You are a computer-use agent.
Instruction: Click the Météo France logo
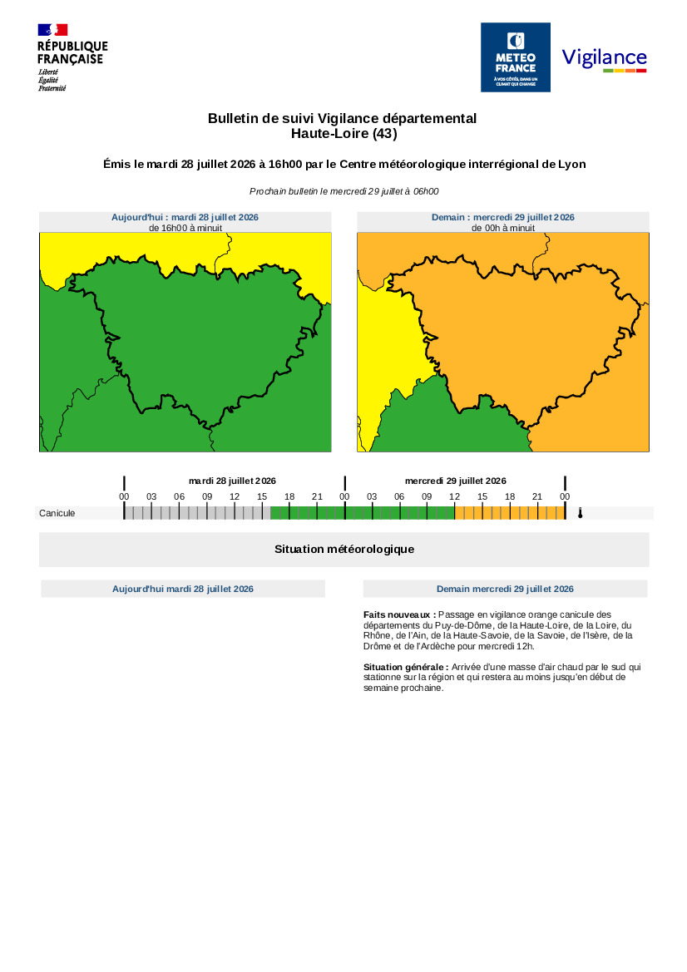(x=516, y=57)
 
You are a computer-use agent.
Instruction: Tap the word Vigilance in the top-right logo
(x=604, y=57)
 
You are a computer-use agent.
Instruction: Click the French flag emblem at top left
(x=52, y=30)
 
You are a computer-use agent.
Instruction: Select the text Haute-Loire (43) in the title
(x=344, y=133)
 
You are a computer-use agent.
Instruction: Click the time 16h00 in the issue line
(x=285, y=165)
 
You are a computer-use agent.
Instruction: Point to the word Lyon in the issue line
(x=572, y=165)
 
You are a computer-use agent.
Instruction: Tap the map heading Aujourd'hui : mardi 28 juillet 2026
(x=185, y=217)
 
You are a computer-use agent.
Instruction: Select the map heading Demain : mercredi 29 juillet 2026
(x=503, y=217)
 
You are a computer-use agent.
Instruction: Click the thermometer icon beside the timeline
(x=581, y=513)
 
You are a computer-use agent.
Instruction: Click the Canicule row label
(x=57, y=513)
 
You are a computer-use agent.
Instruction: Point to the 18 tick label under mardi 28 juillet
(x=289, y=496)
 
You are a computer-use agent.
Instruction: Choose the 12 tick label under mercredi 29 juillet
(x=454, y=496)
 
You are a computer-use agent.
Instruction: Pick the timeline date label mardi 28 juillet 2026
(x=233, y=481)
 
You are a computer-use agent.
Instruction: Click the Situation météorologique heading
(x=344, y=550)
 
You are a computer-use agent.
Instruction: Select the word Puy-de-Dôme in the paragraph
(x=463, y=625)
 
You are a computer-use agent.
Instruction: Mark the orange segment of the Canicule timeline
(x=510, y=513)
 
